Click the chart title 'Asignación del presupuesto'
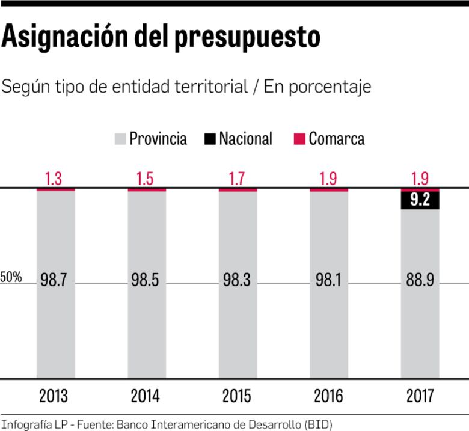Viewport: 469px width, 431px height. (x=161, y=37)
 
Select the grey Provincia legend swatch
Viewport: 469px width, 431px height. (x=120, y=139)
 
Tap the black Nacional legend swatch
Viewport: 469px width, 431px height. (x=210, y=139)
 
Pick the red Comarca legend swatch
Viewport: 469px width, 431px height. (x=299, y=139)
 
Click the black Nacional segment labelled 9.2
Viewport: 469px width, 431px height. (x=420, y=200)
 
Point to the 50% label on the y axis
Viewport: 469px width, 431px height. (x=11, y=278)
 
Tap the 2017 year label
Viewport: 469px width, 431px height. (x=420, y=397)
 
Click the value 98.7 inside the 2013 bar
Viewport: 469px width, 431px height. (x=55, y=281)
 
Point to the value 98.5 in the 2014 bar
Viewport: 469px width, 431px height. (x=146, y=281)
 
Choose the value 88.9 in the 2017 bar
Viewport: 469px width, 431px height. (x=420, y=281)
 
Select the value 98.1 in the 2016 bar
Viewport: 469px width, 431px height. (x=329, y=281)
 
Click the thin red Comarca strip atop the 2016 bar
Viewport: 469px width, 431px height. (x=329, y=190)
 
